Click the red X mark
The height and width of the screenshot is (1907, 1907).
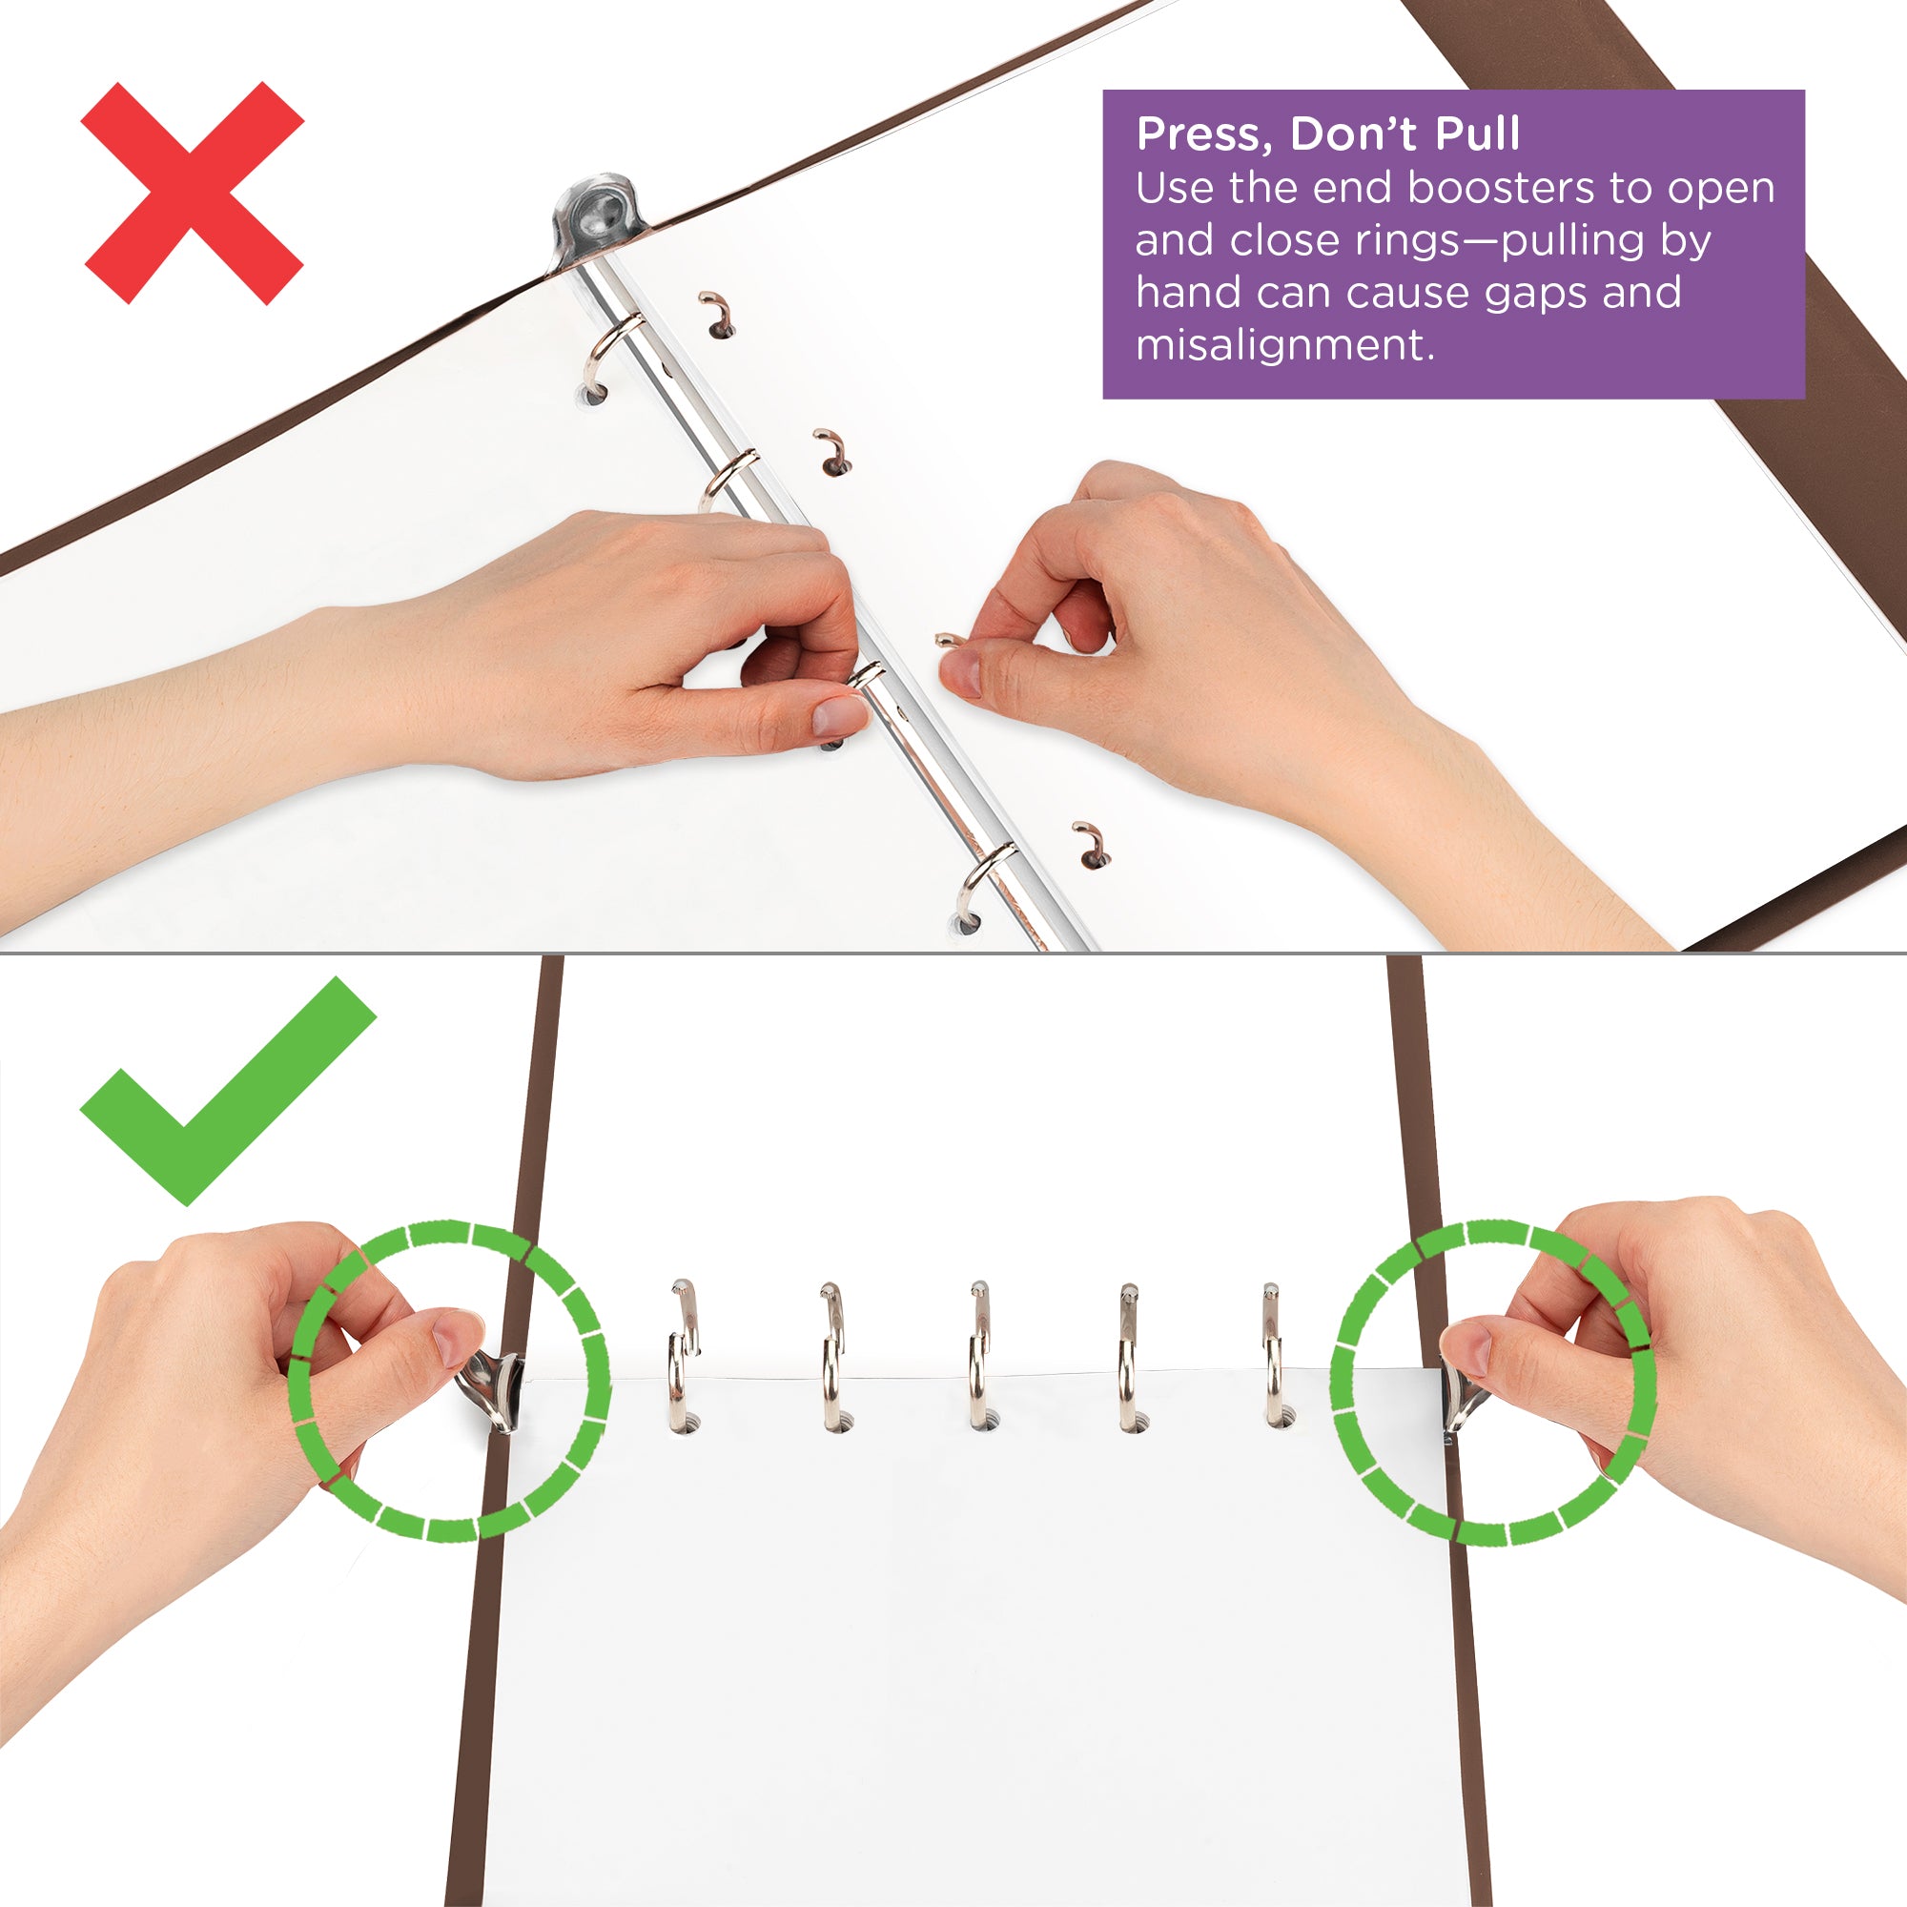point(193,194)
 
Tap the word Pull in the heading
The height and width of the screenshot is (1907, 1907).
point(1477,134)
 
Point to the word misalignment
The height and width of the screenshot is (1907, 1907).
point(1284,345)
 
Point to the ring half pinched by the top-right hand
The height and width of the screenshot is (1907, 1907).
point(948,641)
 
